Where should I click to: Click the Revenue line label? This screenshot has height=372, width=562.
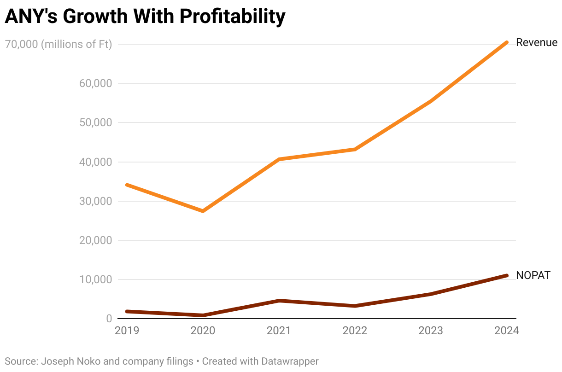point(537,43)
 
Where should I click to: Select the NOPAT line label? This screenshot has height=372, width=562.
point(533,276)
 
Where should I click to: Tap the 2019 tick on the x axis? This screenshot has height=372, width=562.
point(127,331)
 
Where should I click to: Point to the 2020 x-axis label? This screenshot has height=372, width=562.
point(203,331)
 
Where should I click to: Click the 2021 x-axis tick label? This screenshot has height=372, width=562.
point(279,331)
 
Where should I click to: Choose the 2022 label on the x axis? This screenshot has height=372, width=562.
point(355,331)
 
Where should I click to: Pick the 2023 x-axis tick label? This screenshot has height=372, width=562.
point(431,331)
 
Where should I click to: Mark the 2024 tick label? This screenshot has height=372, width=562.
point(506,331)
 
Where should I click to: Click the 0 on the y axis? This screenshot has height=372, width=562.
point(109,319)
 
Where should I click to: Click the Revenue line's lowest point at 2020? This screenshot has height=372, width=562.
point(203,211)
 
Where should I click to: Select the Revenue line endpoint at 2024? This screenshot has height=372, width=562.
point(506,42)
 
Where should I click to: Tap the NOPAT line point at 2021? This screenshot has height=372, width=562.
point(279,301)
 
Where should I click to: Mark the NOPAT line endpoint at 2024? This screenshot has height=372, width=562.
point(506,275)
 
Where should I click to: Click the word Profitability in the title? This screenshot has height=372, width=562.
point(233,17)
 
